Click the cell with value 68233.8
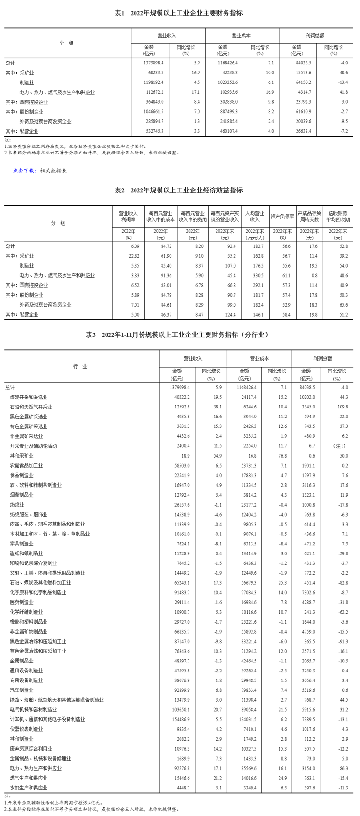(155, 73)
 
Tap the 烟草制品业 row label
(22, 495)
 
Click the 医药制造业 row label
(22, 602)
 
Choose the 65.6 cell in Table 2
(342, 305)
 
